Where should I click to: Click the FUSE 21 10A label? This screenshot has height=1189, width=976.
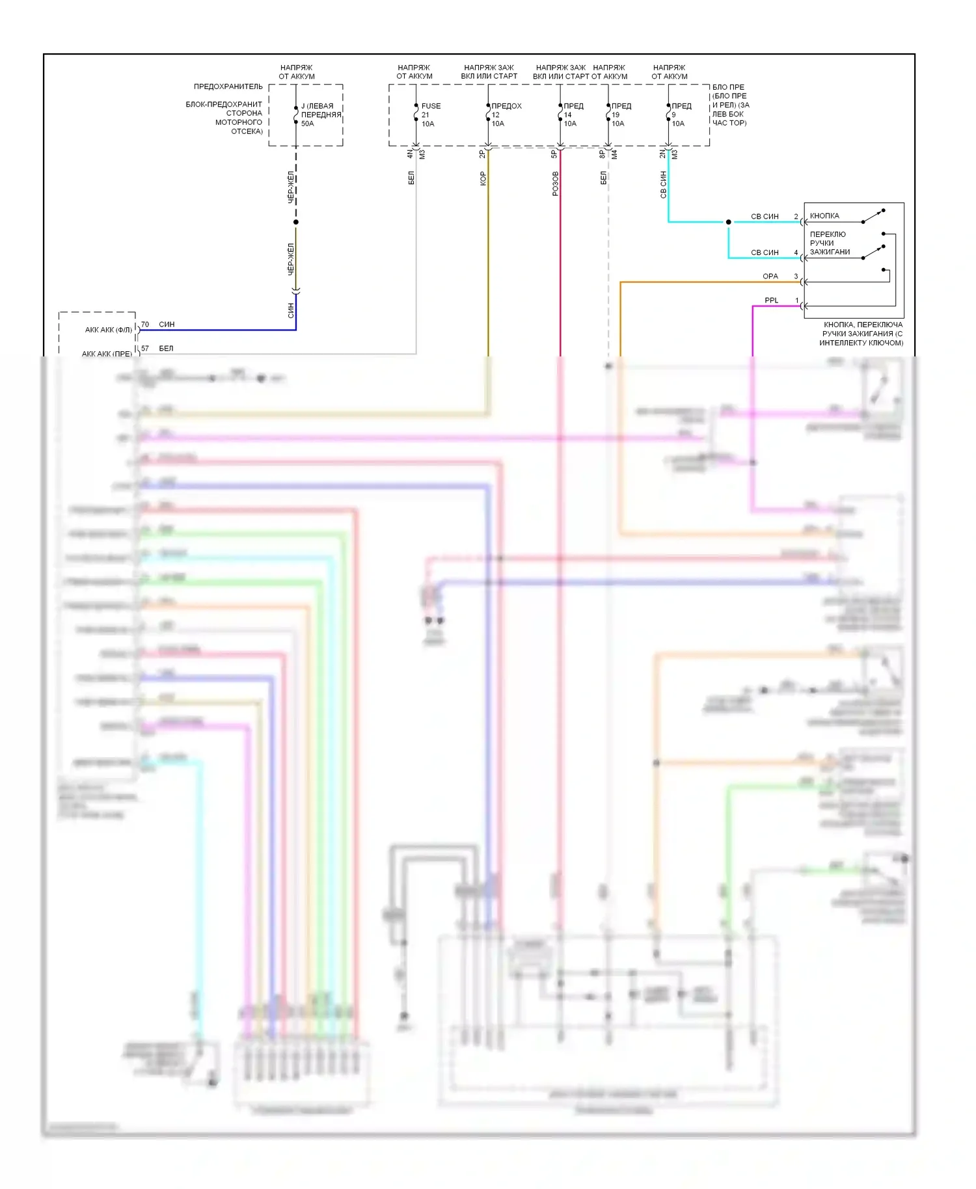430,114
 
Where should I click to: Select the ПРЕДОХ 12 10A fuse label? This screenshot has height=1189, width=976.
506,114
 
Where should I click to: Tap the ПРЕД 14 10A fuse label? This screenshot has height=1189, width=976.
573,114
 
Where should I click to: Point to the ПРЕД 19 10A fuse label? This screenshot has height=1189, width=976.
621,114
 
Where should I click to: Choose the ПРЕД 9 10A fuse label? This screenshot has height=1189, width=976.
681,114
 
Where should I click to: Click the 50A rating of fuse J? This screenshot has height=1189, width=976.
307,124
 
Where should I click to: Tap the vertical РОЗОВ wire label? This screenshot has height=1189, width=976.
555,183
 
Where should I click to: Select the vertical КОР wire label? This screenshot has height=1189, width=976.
483,178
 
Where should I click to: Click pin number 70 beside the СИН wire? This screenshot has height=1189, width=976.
145,324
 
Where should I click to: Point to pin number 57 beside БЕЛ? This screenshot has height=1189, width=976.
145,349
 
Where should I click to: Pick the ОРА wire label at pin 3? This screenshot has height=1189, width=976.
770,276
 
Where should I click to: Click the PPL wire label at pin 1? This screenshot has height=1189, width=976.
771,301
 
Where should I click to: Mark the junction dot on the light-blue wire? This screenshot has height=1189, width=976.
729,222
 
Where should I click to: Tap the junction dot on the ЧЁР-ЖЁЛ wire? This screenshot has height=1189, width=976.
296,222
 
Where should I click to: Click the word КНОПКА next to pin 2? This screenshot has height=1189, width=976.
824,216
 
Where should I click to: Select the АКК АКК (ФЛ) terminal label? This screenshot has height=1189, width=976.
109,330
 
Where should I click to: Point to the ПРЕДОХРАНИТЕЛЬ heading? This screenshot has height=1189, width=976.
228,87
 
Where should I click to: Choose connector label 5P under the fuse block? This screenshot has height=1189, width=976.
554,154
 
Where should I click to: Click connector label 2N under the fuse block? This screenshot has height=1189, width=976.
663,154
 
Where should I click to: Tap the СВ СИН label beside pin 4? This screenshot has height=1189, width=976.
765,252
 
